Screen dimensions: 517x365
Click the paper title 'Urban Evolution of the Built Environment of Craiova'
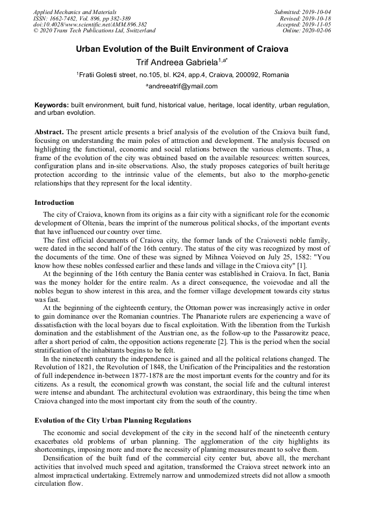182,49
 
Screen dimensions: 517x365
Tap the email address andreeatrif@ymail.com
182,86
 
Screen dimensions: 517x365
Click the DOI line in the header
90,24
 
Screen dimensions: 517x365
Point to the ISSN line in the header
82,18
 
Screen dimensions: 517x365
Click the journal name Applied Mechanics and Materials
75,12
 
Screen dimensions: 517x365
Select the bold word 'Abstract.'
50,132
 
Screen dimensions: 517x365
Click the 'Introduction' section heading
54,203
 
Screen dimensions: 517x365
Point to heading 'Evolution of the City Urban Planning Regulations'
113,420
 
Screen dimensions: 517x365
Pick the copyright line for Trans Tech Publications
94,31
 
